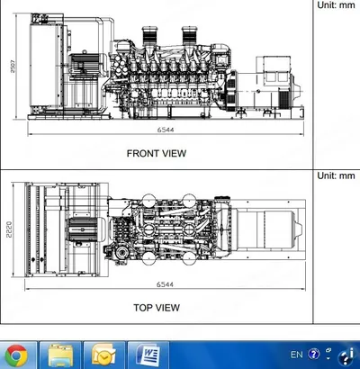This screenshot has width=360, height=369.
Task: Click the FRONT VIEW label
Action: (157, 153)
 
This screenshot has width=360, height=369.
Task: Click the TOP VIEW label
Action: (157, 308)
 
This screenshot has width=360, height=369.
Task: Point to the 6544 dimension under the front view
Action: (166, 130)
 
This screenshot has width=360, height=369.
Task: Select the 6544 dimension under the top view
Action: (165, 284)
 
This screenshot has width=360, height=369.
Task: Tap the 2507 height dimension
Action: (13, 66)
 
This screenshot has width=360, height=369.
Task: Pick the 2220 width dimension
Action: (9, 229)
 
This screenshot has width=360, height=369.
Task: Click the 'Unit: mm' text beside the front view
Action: (336, 4)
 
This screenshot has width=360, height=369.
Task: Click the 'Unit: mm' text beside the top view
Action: (336, 175)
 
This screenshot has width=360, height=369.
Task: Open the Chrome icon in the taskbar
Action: (16, 356)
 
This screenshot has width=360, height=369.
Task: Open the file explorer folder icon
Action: (60, 356)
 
